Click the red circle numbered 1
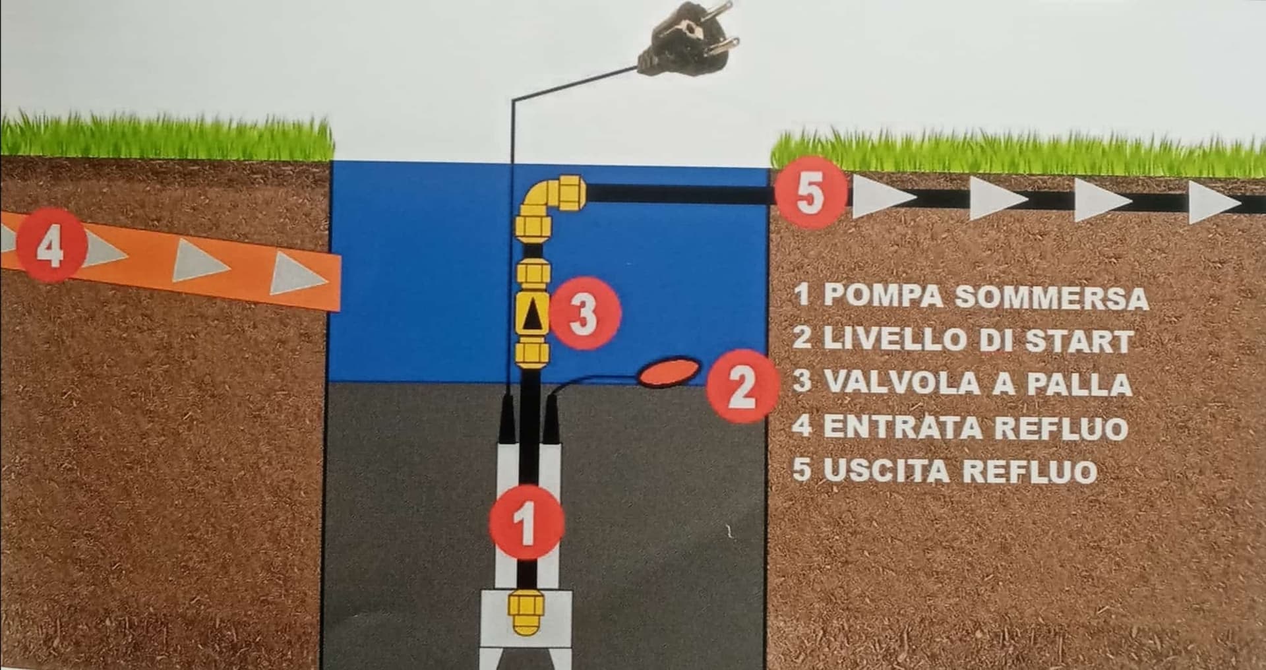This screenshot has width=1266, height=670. click(526, 523)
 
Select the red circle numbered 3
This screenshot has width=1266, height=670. click(584, 314)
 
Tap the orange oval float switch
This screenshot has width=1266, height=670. click(669, 372)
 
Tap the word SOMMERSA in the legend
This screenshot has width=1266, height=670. click(1052, 297)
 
